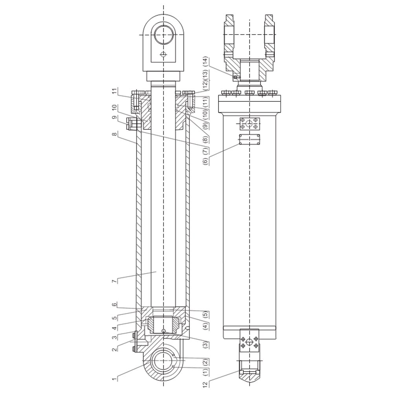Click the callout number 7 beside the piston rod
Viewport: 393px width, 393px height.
[114, 281]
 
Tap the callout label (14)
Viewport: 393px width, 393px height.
[206, 62]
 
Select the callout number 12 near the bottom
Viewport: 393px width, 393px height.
[206, 384]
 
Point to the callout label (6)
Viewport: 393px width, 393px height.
[206, 161]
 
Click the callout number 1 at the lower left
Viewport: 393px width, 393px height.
[114, 379]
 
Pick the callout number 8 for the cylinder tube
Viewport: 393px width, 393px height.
[114, 134]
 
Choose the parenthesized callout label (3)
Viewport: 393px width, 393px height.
[206, 345]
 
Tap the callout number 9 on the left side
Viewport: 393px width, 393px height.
[114, 117]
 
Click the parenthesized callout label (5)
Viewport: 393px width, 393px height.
[206, 314]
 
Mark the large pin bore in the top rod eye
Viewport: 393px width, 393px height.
[163, 35]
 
